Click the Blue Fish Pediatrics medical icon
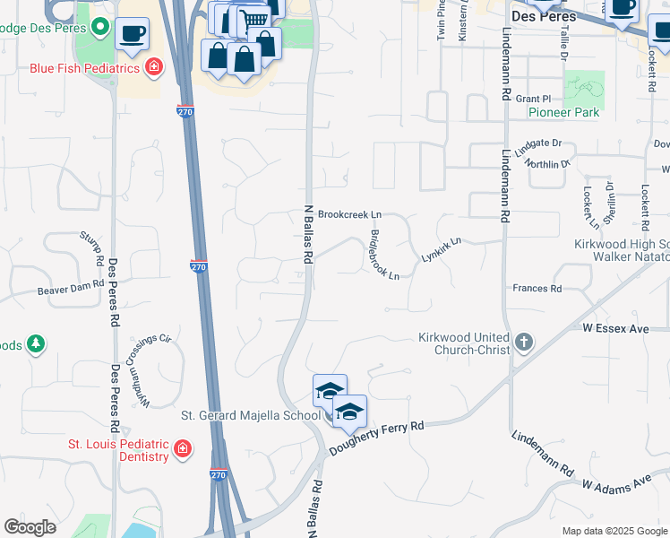click(154, 67)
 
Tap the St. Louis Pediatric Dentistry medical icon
click(182, 448)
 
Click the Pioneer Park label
click(563, 113)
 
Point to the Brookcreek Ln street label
click(349, 215)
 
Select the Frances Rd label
click(537, 289)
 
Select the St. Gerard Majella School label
click(251, 415)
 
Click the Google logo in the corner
click(30, 527)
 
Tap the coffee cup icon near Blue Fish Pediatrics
click(132, 34)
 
